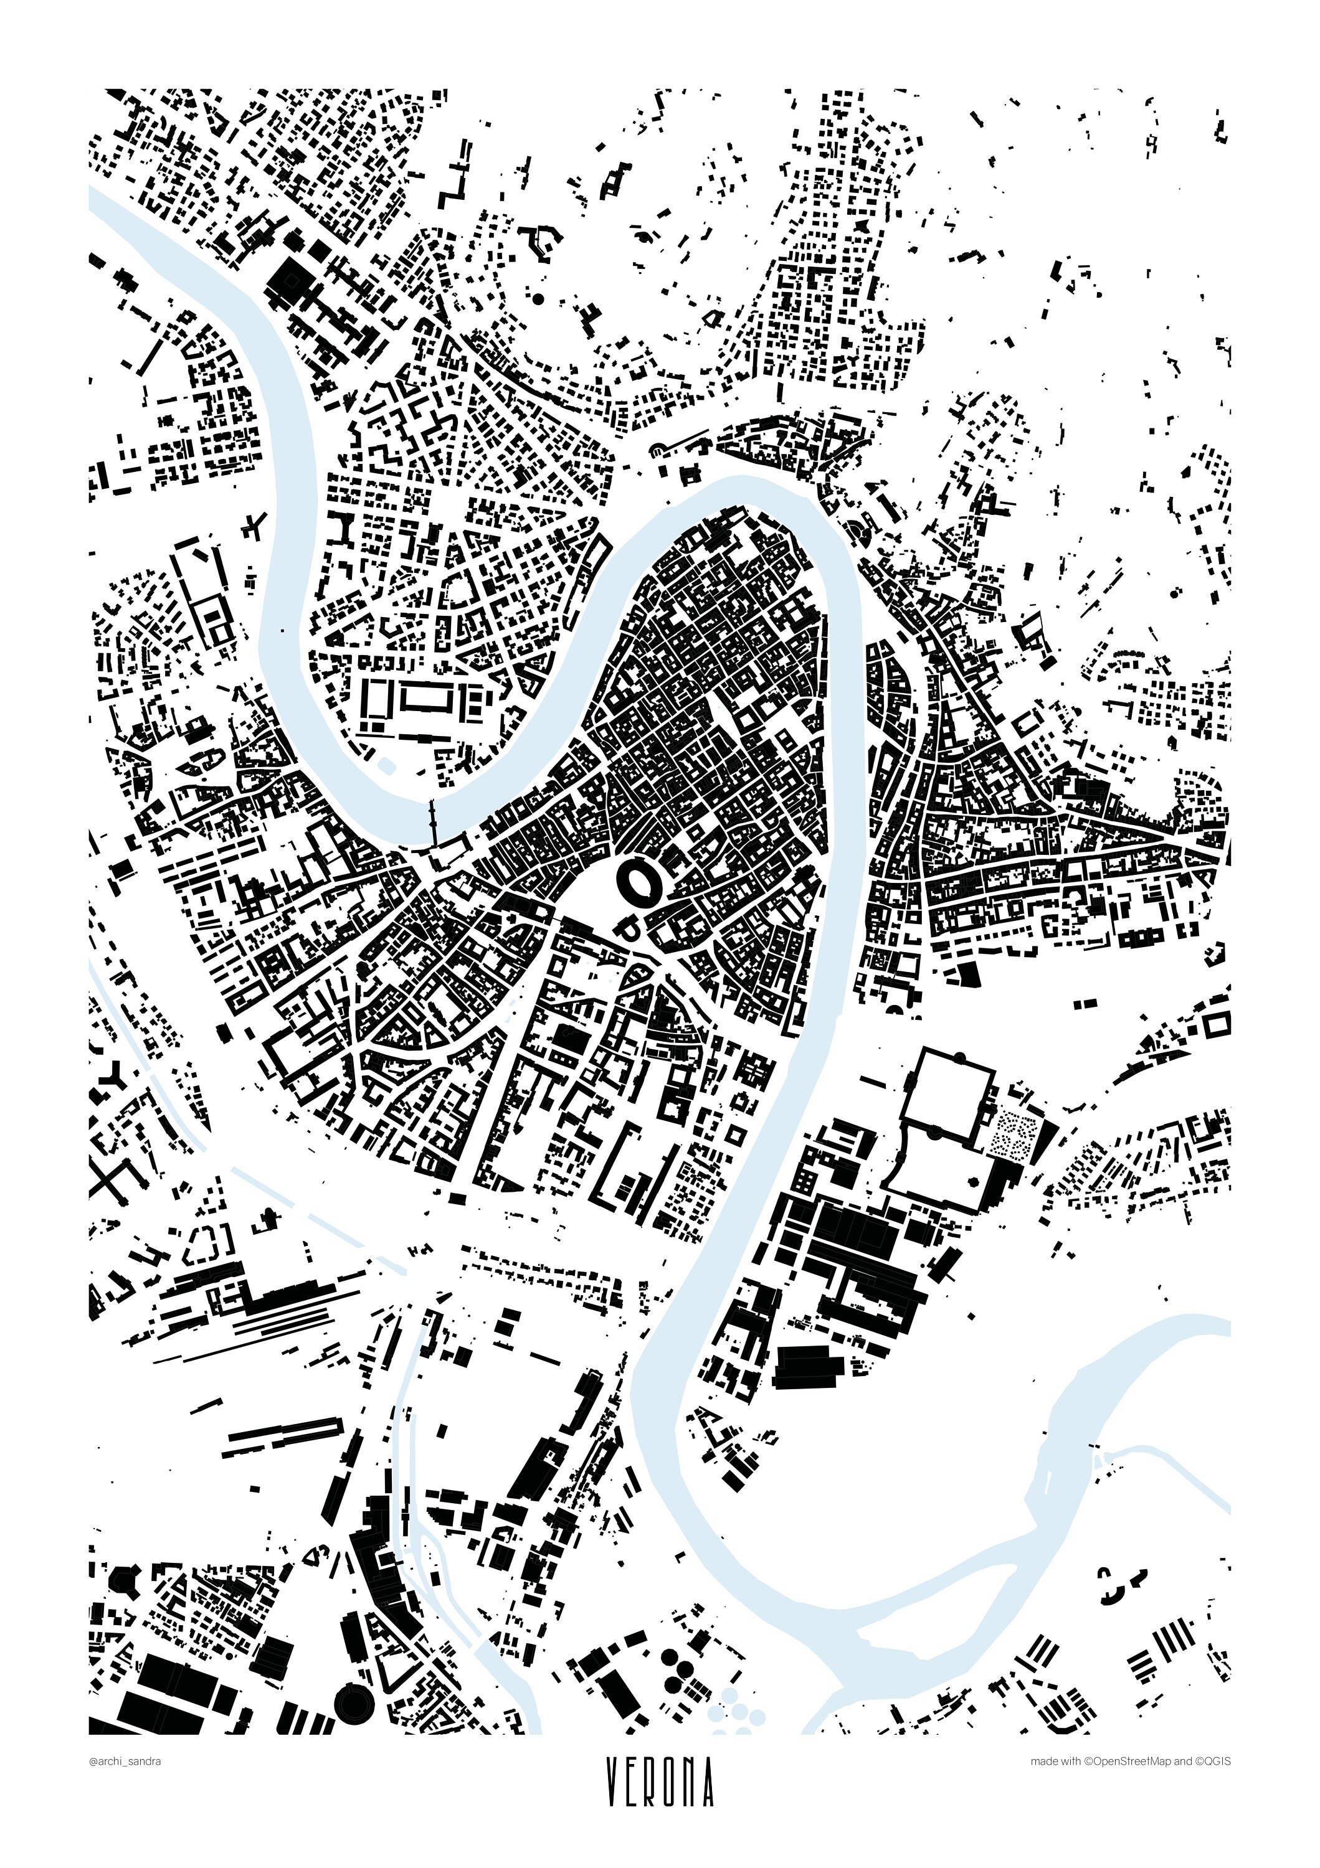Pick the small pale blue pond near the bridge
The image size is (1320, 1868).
coord(387,764)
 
